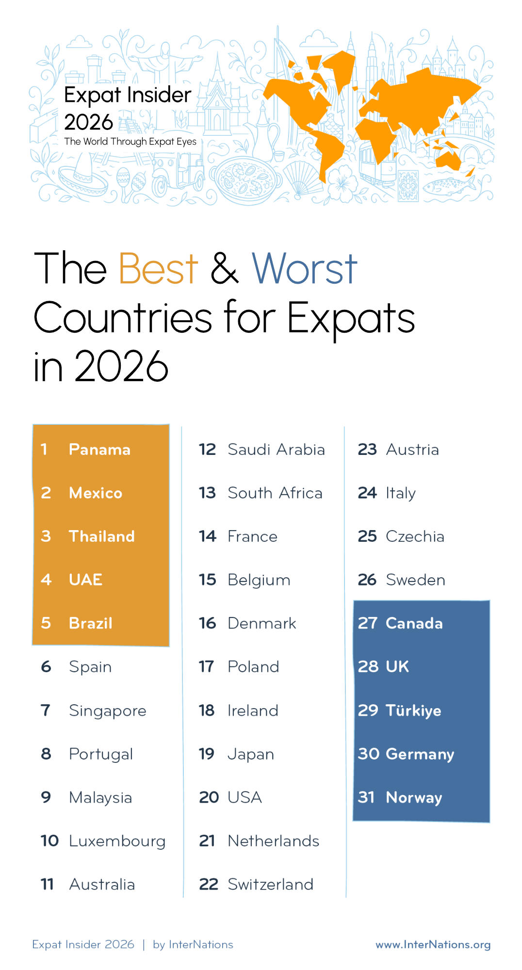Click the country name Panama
[x=99, y=450]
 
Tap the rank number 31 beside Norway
[x=366, y=797]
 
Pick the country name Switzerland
[x=271, y=884]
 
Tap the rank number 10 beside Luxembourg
[x=49, y=841]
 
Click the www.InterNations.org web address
[x=433, y=944]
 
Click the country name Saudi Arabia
[x=277, y=450]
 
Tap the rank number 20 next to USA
[x=209, y=797]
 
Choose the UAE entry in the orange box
[x=86, y=580]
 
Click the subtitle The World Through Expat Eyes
[x=130, y=142]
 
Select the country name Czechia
[x=415, y=536]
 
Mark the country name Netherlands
[x=274, y=841]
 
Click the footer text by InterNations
[x=193, y=944]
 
